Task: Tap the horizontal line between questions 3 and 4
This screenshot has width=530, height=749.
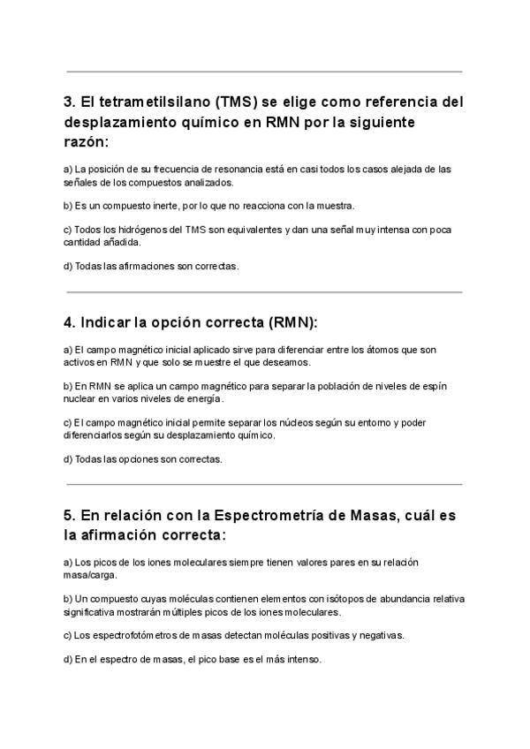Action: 264,291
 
